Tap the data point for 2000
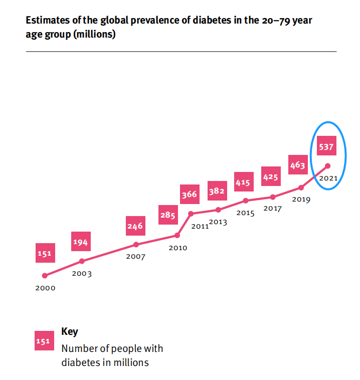click(x=45, y=275)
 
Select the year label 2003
click(x=82, y=274)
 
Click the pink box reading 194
click(x=80, y=243)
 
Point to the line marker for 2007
click(x=136, y=245)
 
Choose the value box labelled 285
click(x=168, y=216)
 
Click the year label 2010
click(x=177, y=248)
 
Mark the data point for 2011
click(x=191, y=214)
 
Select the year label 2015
click(x=246, y=214)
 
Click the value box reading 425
click(x=271, y=177)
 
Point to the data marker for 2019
click(x=301, y=187)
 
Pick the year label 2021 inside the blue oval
click(x=328, y=178)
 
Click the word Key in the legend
click(x=69, y=332)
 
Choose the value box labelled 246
click(x=134, y=226)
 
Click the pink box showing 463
click(x=297, y=165)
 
